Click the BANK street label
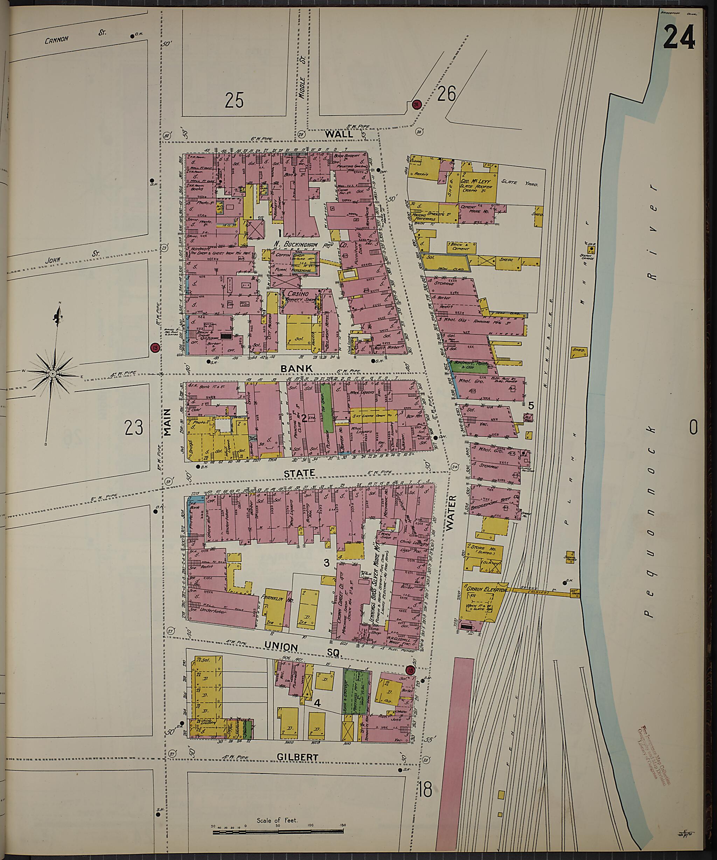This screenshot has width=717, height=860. pos(297,369)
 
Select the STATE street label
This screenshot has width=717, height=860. pos(300,473)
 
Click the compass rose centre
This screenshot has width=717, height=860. pos(53,374)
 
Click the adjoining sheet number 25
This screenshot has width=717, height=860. pos(234,100)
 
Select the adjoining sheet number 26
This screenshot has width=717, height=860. pos(446,94)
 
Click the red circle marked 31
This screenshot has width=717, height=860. pos(417,105)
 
